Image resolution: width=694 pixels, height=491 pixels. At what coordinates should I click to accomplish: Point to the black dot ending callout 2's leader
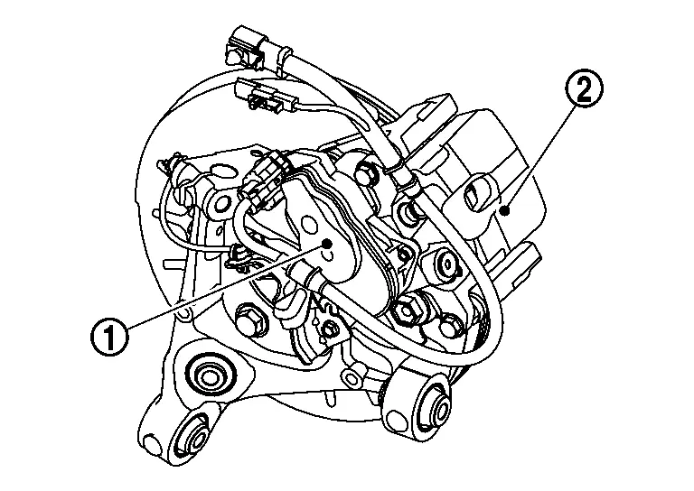pos(507,211)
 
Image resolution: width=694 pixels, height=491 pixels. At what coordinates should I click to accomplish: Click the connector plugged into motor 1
pos(264,175)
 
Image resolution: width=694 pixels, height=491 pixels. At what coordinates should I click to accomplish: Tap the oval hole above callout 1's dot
pos(311,226)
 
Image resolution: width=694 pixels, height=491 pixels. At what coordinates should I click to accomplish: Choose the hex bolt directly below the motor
pos(249,319)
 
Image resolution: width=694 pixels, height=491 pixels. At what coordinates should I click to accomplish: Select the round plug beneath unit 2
pos(448,264)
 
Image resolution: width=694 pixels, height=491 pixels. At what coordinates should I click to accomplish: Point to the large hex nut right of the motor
pos(406,310)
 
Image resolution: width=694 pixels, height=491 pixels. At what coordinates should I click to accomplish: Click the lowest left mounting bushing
pos(192,435)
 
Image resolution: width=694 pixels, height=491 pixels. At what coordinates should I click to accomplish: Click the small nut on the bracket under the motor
pos(331,328)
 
